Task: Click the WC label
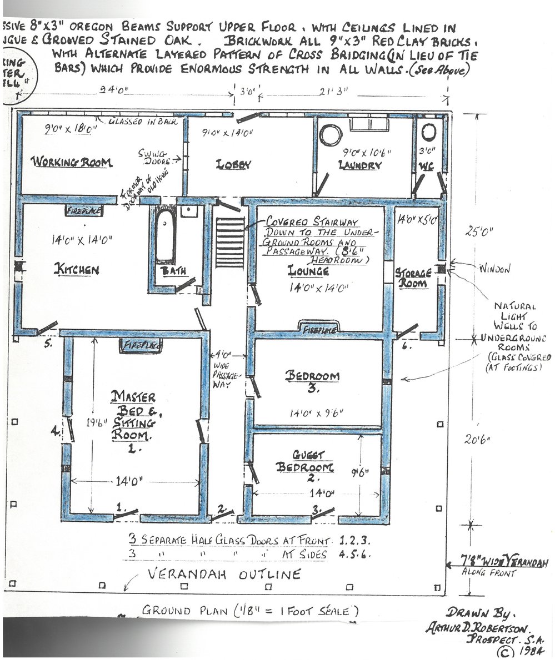(427, 165)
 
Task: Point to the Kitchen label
(76, 270)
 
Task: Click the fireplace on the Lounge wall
(319, 328)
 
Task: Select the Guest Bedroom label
(304, 460)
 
